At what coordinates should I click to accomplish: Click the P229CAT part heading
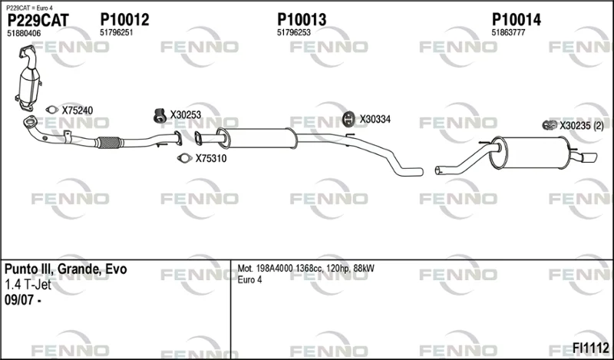(38, 21)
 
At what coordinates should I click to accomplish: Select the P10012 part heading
(124, 20)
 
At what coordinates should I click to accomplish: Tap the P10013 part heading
(302, 20)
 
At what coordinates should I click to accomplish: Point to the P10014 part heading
(516, 20)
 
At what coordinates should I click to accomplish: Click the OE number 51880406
(24, 34)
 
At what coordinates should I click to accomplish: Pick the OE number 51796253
(294, 33)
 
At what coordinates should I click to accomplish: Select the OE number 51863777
(508, 33)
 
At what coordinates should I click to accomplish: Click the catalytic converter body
(29, 85)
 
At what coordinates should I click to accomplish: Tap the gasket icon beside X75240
(51, 110)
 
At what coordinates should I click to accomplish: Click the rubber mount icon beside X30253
(160, 115)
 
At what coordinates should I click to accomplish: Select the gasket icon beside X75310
(184, 158)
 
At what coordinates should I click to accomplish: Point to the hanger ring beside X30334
(348, 119)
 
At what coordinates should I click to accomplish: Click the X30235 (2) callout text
(582, 126)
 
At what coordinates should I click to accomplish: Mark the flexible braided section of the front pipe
(108, 143)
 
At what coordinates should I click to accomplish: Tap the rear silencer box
(529, 153)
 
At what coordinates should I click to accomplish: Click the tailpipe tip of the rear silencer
(589, 157)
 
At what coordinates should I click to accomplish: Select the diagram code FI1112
(590, 348)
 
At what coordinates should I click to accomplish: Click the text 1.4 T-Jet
(28, 285)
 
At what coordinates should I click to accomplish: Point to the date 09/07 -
(23, 300)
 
